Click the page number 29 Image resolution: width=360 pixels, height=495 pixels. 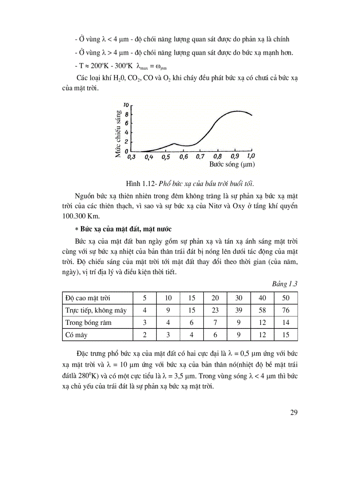(294, 412)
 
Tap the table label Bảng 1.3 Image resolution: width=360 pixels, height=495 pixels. (285, 284)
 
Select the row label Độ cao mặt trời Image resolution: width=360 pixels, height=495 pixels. (86, 298)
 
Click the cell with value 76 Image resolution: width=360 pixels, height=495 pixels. (285, 310)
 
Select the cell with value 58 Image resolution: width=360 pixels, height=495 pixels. (262, 310)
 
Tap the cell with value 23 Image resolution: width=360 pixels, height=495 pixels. (215, 310)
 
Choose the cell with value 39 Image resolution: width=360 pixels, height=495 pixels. (239, 310)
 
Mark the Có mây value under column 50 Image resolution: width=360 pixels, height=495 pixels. (285, 335)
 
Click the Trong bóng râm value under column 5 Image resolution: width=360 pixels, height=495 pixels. (145, 322)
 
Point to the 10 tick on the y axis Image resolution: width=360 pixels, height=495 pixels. (126, 105)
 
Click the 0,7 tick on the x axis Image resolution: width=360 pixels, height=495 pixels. (200, 156)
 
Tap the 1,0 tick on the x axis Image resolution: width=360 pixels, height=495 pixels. (251, 156)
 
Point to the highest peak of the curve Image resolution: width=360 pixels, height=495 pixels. (237, 111)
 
